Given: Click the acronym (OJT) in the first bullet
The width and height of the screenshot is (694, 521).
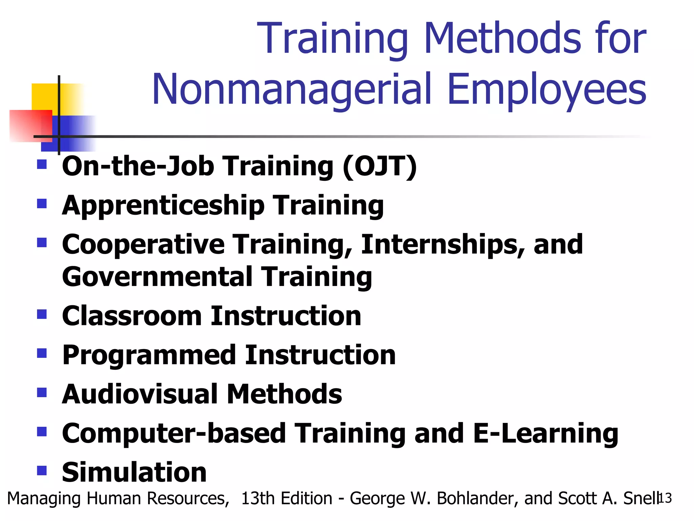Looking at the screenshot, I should pyautogui.click(x=380, y=167).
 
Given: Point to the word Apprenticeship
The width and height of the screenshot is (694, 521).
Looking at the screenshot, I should pyautogui.click(x=163, y=206).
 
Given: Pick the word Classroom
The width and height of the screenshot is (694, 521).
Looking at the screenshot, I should pyautogui.click(x=132, y=316).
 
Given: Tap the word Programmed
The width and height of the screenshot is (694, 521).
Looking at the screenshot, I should pyautogui.click(x=149, y=355).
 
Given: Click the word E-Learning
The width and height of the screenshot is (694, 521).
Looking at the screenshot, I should pyautogui.click(x=546, y=433).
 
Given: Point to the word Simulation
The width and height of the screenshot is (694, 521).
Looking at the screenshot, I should pyautogui.click(x=134, y=472).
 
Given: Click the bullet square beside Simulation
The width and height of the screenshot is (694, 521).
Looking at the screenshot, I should pyautogui.click(x=42, y=470).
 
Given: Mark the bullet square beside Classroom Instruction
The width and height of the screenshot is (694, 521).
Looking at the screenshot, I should pyautogui.click(x=42, y=314).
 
